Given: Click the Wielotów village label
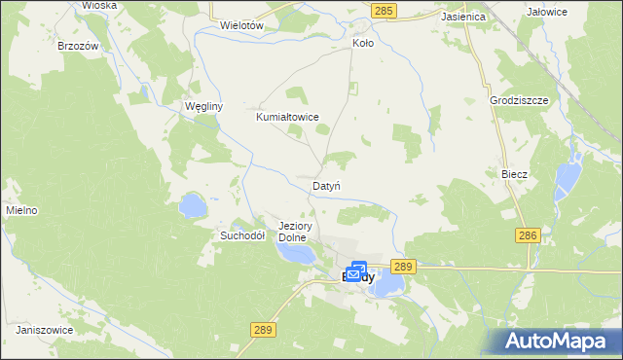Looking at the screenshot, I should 243,24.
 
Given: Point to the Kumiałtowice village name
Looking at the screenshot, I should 287,117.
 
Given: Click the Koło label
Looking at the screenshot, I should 362,44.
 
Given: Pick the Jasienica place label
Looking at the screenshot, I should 435,18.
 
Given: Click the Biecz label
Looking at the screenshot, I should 514,174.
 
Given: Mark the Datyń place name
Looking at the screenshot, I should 325,185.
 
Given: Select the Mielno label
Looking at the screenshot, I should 20,210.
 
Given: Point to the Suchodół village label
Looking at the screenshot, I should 242,235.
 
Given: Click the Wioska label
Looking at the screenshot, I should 99,5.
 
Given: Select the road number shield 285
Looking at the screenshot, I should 384,10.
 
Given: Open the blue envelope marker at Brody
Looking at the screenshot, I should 357,271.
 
